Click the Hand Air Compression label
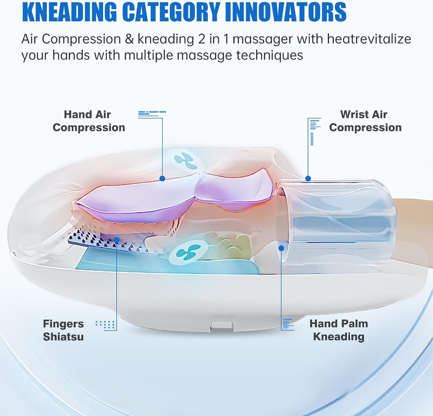(x=89, y=121)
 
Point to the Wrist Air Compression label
(x=365, y=121)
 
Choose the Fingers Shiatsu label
(x=63, y=330)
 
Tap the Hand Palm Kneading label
(x=339, y=330)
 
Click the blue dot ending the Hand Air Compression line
(x=162, y=179)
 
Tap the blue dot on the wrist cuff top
(x=308, y=178)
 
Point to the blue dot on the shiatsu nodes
(x=117, y=240)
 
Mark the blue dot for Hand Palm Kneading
(x=281, y=248)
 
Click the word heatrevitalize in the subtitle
(x=369, y=39)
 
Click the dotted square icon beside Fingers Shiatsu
(x=105, y=325)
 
